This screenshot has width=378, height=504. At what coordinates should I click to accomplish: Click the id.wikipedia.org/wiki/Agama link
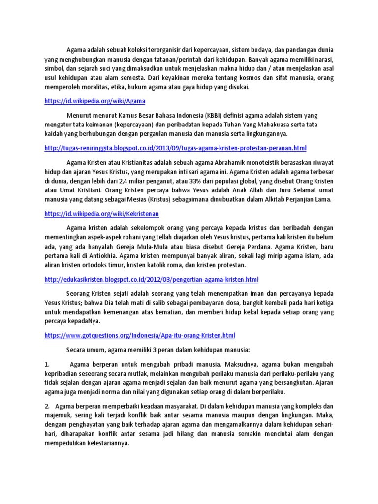coord(95,101)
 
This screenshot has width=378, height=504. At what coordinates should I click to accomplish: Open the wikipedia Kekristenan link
coord(101,214)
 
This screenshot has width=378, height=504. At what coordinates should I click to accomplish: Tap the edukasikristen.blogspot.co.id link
coord(151,279)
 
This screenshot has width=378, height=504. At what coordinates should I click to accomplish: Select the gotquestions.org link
coord(140,335)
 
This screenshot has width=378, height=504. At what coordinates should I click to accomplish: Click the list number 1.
coord(47,365)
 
